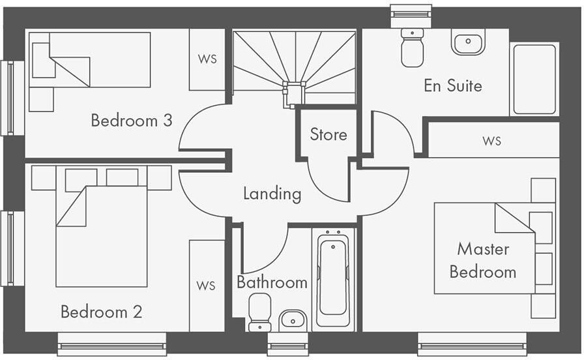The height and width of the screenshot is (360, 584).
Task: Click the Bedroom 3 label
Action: [132, 121]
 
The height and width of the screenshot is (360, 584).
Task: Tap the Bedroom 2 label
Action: [101, 312]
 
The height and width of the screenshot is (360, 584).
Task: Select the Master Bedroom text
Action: [483, 260]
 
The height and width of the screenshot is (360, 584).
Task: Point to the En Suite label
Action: [453, 85]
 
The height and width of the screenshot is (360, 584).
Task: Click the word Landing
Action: [272, 194]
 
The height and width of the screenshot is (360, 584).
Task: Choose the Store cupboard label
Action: [328, 134]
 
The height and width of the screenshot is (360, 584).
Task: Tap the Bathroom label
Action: [272, 282]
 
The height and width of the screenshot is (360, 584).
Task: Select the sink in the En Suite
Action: [467, 42]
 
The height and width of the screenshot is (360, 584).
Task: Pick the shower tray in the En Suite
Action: [534, 79]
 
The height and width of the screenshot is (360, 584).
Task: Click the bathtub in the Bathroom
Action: [333, 280]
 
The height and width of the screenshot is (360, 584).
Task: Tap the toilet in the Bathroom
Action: [260, 312]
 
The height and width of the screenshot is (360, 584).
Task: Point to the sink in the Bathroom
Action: [293, 320]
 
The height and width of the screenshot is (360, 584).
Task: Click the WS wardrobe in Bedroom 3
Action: [207, 59]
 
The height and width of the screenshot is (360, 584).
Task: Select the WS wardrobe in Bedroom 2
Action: [207, 286]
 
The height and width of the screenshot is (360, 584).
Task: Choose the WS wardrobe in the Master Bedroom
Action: [493, 140]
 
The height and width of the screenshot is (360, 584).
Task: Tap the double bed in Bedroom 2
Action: [101, 235]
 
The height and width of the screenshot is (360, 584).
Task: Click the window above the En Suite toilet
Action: [411, 14]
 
